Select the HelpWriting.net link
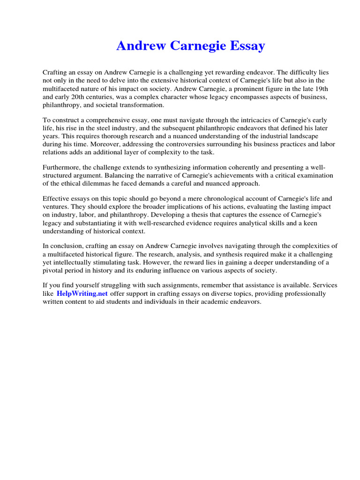(82, 293)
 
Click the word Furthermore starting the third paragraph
(62, 167)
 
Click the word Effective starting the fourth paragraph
(57, 199)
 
